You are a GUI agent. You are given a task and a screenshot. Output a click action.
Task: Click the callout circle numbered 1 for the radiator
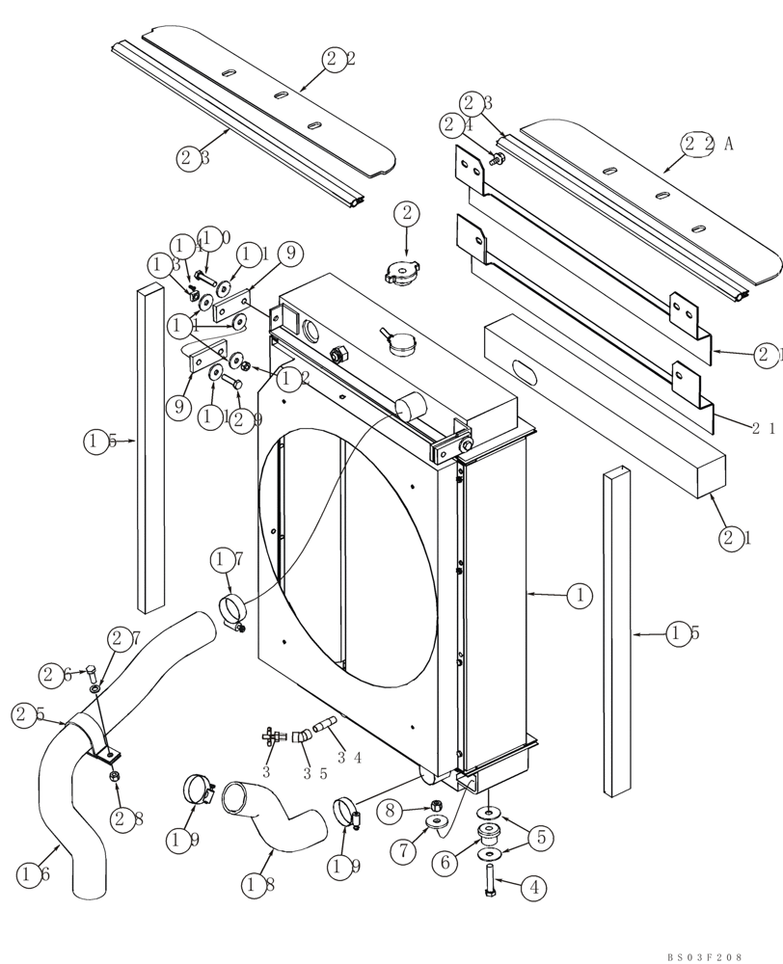point(579,597)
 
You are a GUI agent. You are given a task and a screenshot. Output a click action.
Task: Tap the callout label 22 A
point(705,144)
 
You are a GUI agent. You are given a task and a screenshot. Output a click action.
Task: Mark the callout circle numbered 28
point(123,819)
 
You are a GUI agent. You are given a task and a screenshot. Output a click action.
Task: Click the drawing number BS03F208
point(704,956)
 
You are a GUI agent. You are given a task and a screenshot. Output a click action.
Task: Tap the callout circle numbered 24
point(455,124)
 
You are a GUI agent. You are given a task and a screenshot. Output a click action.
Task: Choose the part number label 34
point(351,757)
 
